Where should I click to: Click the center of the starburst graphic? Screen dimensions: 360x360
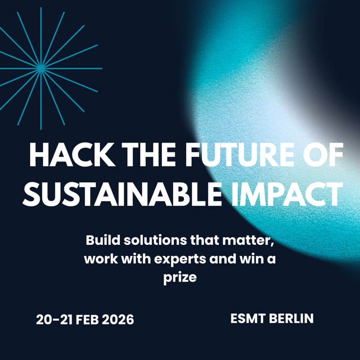point(41,68)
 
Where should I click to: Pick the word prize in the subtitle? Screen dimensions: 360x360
point(180,278)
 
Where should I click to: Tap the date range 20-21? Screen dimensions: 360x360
point(51,319)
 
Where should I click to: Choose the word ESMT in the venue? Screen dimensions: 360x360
point(247,318)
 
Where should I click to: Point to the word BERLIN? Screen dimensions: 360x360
point(291,318)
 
